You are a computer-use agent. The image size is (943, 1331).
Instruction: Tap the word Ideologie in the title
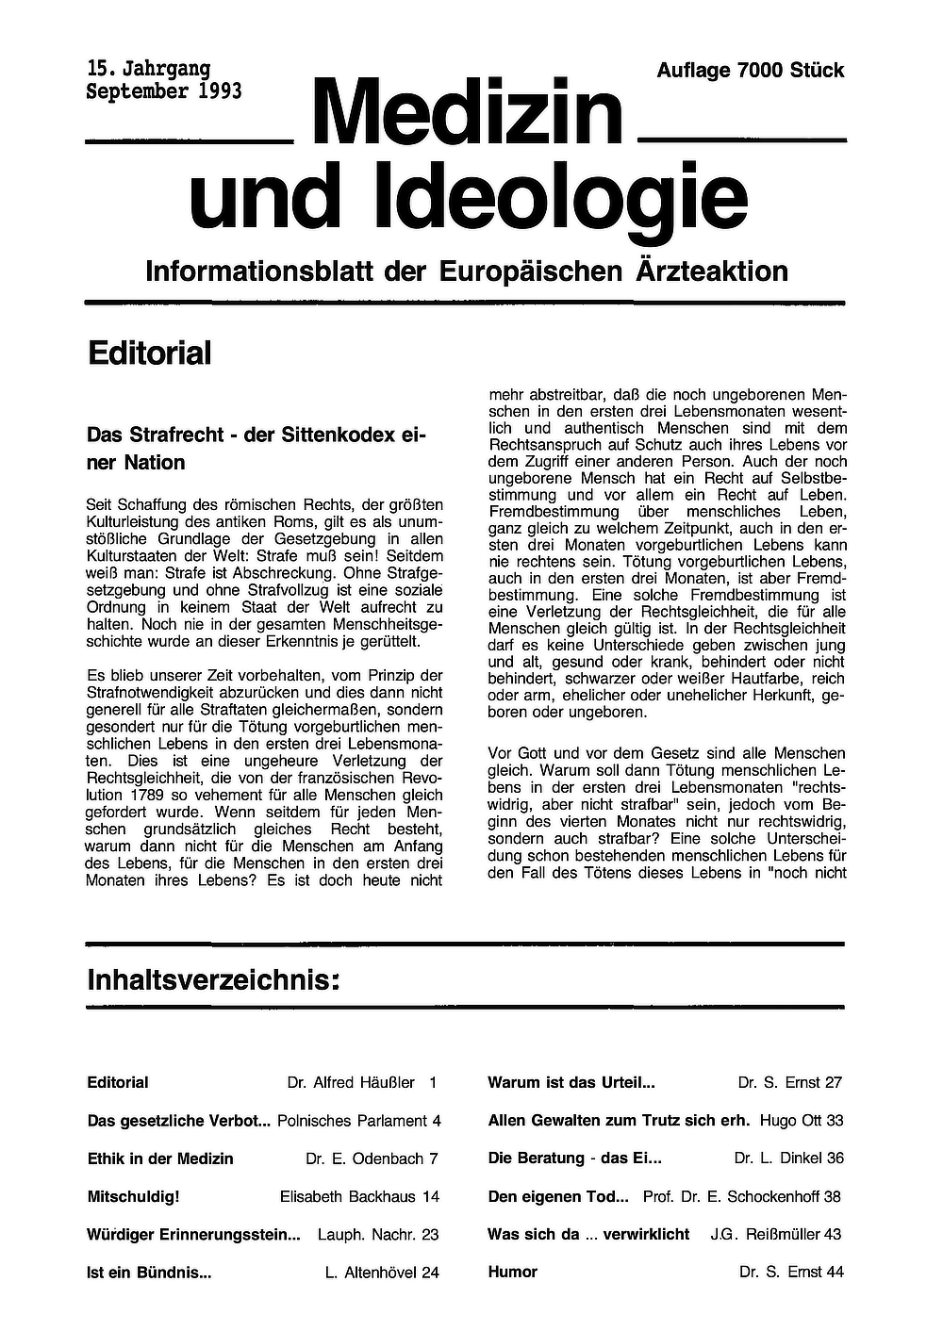(561, 196)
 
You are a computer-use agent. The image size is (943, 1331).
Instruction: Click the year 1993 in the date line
(220, 91)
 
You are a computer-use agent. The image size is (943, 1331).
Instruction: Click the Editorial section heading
(149, 353)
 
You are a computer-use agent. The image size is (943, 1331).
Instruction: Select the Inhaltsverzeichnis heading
(212, 979)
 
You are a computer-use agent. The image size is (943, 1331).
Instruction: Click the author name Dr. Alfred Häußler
(351, 1083)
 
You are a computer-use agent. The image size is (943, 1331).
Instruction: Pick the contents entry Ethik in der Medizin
(160, 1158)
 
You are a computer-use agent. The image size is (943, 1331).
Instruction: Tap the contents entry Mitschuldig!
(133, 1196)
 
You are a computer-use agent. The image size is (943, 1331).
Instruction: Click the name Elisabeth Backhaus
(348, 1196)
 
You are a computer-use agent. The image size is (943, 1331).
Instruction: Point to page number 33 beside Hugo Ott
(834, 1121)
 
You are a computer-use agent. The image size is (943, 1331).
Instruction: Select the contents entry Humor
(512, 1272)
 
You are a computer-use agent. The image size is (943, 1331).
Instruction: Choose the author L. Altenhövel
(371, 1272)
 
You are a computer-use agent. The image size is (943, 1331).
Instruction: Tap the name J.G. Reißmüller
(765, 1234)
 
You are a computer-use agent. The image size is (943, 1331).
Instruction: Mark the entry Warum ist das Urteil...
(571, 1083)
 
